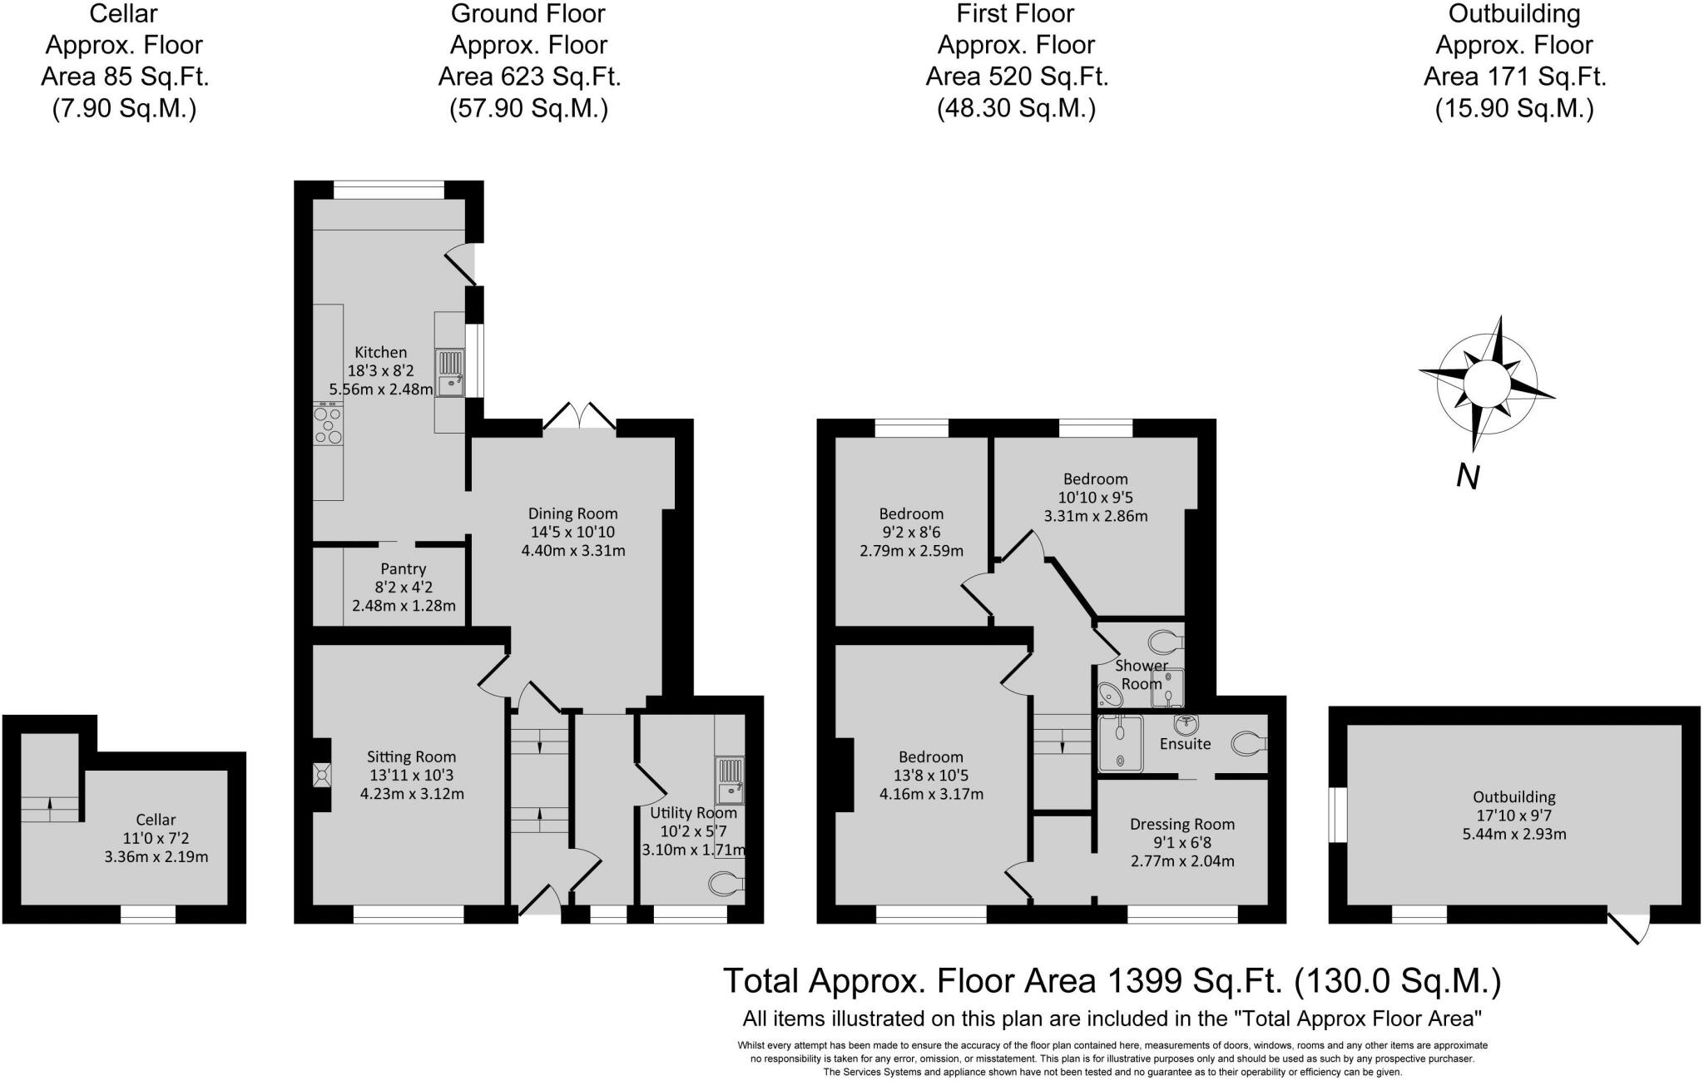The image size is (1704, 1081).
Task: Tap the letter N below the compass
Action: point(1468,477)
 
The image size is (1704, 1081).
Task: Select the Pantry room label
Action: point(404,569)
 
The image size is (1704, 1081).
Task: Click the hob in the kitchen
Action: point(328,424)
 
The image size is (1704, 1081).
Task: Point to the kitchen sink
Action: point(450,373)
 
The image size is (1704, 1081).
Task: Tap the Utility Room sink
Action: point(730,780)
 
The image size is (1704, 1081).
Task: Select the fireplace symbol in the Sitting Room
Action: point(321,775)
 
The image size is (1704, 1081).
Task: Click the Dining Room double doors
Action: point(580,415)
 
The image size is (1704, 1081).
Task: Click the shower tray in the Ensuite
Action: point(1122,741)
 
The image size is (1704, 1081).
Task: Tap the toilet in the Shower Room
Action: point(1166,642)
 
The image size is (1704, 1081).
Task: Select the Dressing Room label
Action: point(1181,825)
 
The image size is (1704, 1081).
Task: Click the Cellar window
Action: point(148,915)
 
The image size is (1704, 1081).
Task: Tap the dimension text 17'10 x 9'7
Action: point(1514,816)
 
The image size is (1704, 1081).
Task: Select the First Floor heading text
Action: point(1015,14)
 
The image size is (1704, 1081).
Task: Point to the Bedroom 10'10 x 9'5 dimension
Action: point(1095,498)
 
